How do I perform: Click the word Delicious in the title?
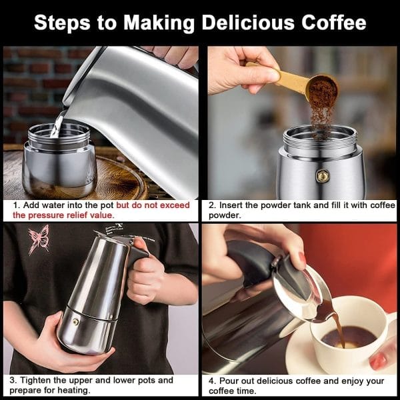tap(248, 23)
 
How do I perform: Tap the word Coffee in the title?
tap(334, 23)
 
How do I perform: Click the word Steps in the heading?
tap(62, 23)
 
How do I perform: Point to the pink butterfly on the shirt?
tap(39, 239)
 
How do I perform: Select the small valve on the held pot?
tap(75, 322)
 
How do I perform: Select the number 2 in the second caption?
tap(211, 205)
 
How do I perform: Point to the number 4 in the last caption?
tap(211, 381)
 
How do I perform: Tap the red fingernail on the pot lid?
tap(303, 258)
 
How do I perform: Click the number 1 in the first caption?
tap(16, 205)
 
